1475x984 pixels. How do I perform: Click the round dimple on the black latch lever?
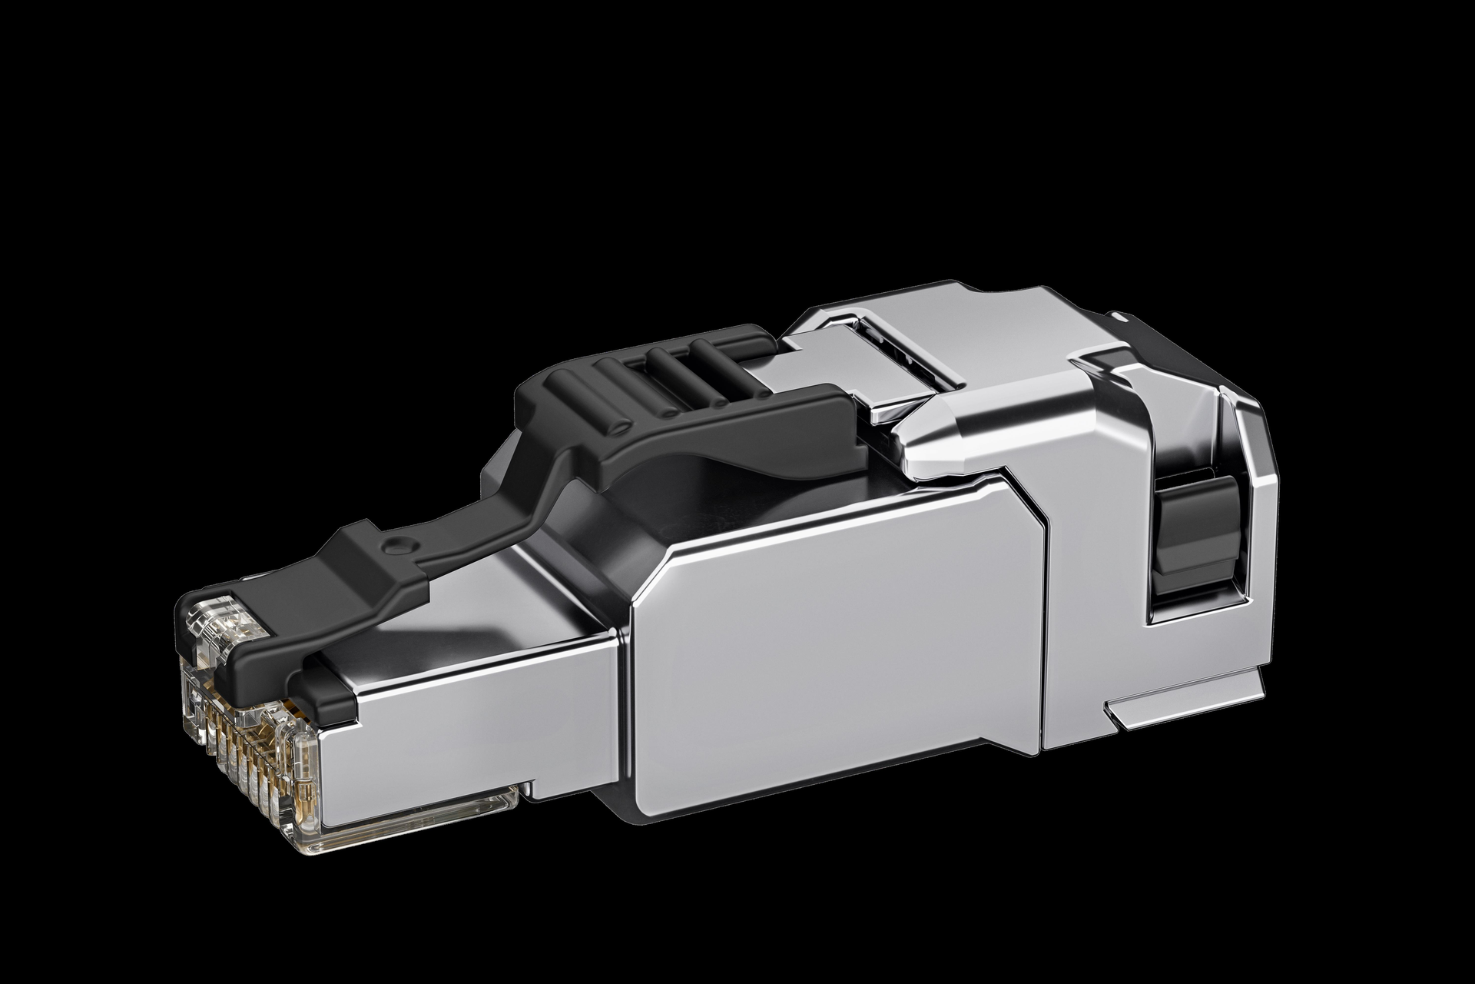(x=396, y=545)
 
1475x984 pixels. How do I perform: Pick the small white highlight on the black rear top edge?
(x=1123, y=315)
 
